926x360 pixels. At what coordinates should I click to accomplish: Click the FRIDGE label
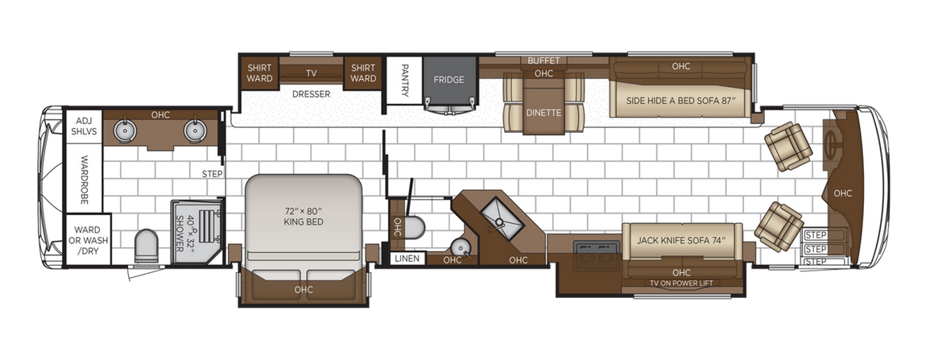tap(448, 80)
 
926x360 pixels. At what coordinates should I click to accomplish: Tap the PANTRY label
tap(406, 81)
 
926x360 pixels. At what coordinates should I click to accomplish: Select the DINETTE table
tap(544, 112)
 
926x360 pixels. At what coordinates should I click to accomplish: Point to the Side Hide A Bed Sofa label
tap(681, 101)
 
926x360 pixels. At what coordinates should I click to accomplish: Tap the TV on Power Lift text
tap(681, 283)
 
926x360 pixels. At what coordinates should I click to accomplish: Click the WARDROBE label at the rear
tap(82, 171)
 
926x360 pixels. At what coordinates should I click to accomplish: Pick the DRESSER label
tap(312, 93)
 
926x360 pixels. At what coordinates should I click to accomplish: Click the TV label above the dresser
tap(311, 72)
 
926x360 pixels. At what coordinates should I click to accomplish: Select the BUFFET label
tap(544, 61)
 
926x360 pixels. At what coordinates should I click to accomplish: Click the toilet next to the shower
tap(147, 246)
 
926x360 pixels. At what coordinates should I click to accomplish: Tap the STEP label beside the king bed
tap(212, 173)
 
